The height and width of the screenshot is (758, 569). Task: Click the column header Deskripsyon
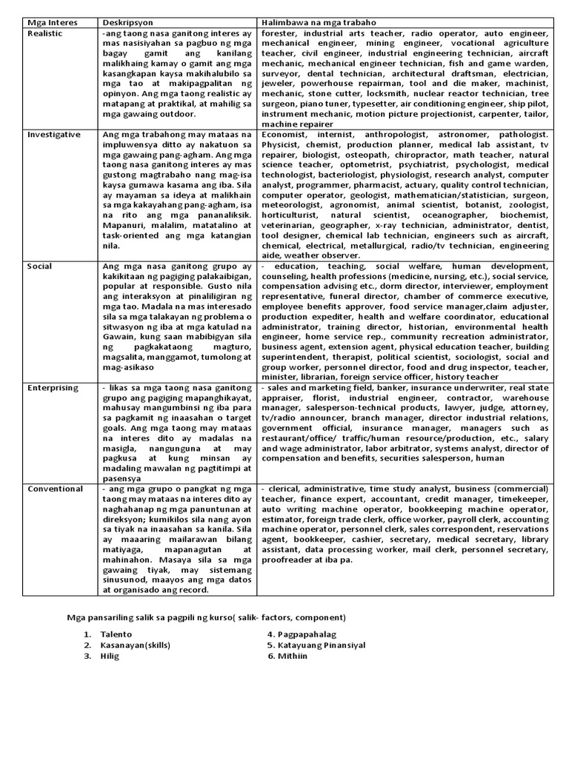pos(127,23)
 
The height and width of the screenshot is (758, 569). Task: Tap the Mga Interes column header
pos(50,23)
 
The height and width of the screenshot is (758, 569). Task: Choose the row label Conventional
pos(55,489)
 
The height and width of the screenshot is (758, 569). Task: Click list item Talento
pos(117,634)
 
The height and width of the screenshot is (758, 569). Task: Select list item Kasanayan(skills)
pos(136,645)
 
